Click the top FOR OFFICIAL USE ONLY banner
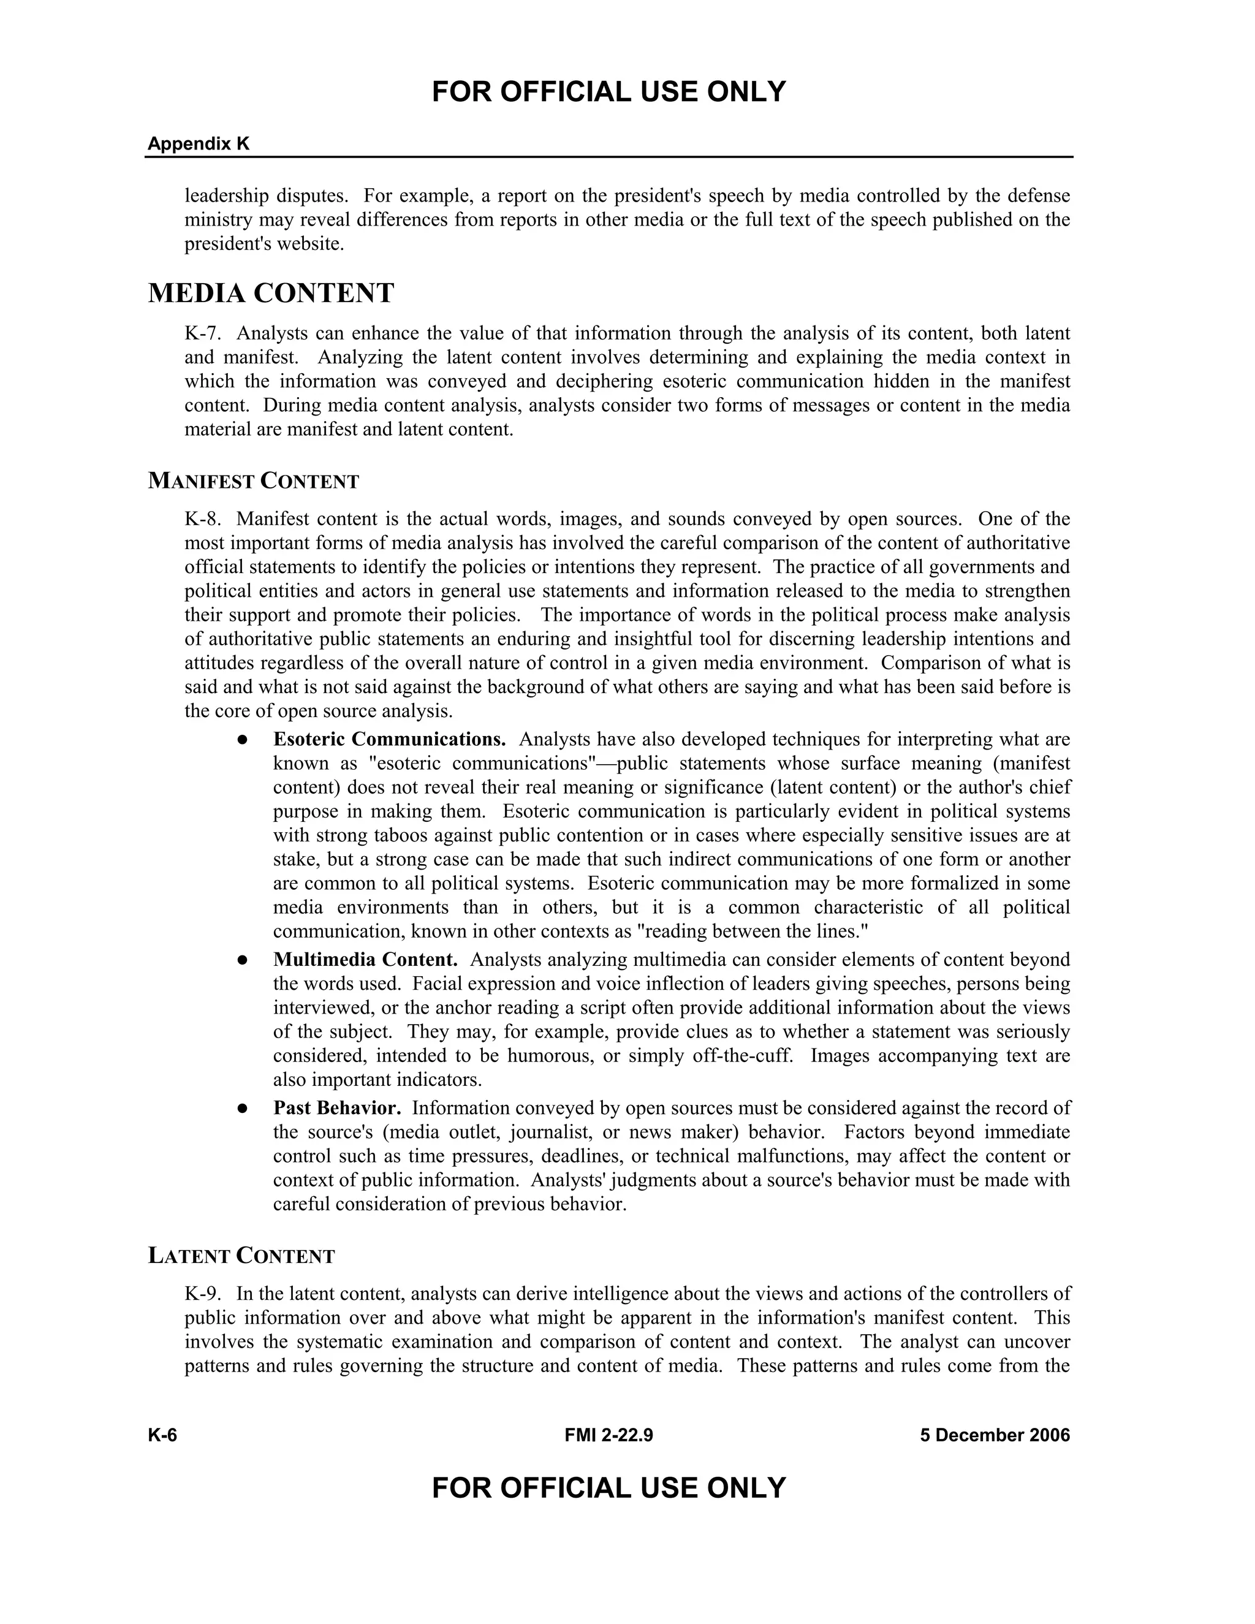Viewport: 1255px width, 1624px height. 608,92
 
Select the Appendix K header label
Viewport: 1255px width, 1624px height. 199,144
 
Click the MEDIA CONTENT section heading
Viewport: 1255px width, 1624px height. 271,294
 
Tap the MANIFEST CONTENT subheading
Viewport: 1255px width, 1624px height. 254,481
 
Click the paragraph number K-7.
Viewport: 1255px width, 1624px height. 202,333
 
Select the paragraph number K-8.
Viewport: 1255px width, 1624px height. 202,518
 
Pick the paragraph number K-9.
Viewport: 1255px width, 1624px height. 202,1294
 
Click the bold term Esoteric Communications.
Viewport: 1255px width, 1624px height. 389,739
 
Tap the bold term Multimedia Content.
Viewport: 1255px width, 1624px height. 365,960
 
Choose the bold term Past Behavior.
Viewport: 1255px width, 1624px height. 337,1108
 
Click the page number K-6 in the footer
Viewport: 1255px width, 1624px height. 162,1435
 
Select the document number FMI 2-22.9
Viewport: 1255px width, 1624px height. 608,1435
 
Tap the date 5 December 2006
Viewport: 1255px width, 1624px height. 995,1435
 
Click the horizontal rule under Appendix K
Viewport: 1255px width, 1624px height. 608,157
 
